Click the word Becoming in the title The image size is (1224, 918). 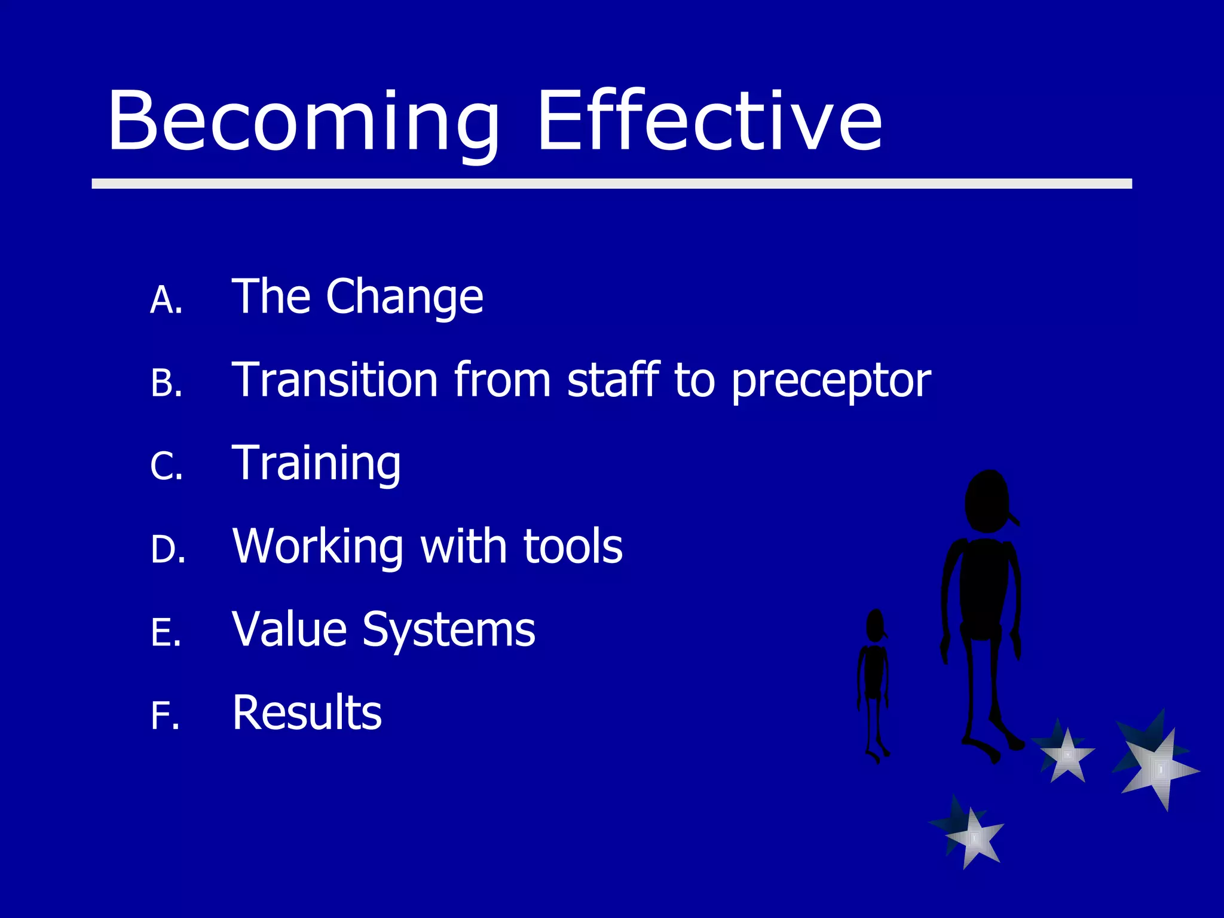click(x=302, y=121)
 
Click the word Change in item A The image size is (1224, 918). click(x=404, y=298)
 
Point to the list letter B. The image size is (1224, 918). click(x=166, y=383)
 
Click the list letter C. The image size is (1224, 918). click(x=166, y=466)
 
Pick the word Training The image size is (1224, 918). click(x=316, y=464)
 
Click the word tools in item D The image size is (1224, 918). click(x=573, y=546)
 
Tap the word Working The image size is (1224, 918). click(x=318, y=547)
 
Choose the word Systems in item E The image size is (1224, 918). click(x=448, y=631)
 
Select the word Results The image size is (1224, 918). click(x=307, y=712)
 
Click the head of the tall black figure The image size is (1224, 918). click(x=987, y=501)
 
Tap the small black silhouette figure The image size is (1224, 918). click(x=874, y=681)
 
